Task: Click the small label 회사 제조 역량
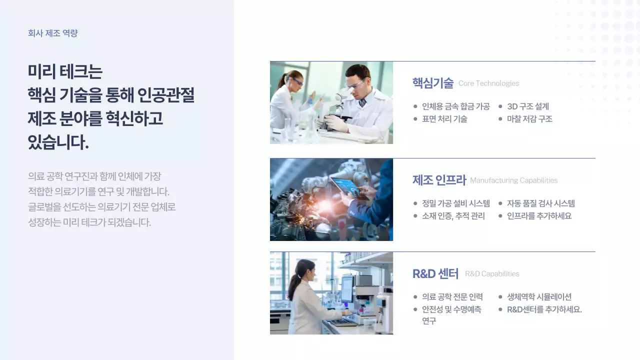click(53, 33)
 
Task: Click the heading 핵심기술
click(432, 83)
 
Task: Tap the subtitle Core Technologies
click(488, 83)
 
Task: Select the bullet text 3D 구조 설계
click(528, 106)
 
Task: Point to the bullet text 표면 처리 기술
click(444, 119)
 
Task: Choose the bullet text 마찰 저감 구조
click(529, 119)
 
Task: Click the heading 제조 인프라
click(439, 180)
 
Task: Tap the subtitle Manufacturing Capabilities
click(513, 180)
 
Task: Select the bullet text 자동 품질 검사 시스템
click(541, 203)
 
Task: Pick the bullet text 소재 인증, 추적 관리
click(453, 216)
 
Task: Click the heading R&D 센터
click(435, 273)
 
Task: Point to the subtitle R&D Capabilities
click(492, 274)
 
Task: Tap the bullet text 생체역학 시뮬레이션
click(539, 297)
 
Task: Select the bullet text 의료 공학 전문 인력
click(452, 297)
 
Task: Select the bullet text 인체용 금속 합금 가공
click(456, 106)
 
